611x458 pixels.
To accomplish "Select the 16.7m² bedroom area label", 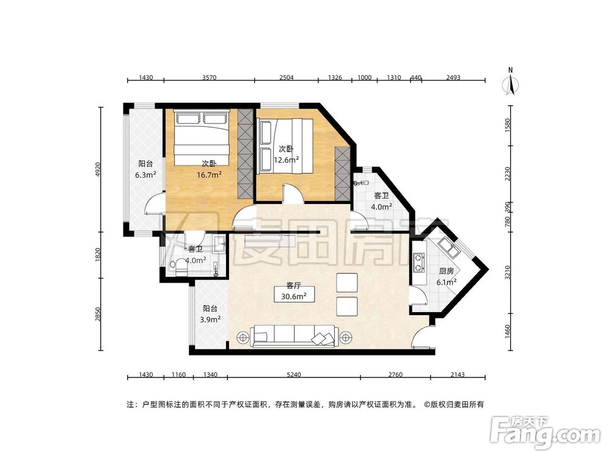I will coord(209,174).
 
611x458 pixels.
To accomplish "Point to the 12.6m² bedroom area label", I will coord(286,160).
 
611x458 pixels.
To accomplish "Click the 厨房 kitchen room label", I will coord(446,271).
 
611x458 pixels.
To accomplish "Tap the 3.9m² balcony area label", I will coord(210,319).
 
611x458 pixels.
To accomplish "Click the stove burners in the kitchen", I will coord(419,262).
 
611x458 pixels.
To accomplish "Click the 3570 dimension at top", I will coord(210,78).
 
